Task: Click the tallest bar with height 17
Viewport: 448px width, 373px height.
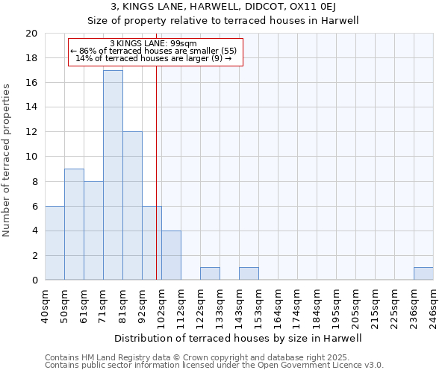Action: pos(113,175)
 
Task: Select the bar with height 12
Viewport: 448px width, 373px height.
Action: pos(132,206)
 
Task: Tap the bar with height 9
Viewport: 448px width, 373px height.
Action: pos(74,225)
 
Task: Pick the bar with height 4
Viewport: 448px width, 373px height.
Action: pos(171,255)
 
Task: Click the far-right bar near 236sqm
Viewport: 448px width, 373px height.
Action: pos(423,274)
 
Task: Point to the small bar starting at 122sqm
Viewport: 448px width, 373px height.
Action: pos(210,274)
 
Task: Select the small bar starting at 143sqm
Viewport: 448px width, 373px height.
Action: pos(249,274)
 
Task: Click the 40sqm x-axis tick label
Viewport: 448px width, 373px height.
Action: pos(45,306)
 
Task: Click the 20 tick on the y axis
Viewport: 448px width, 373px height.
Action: pos(31,34)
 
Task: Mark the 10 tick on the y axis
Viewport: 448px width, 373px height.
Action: pos(31,157)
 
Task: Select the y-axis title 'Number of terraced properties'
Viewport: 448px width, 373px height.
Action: pos(8,160)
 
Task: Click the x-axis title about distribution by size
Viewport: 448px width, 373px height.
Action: pos(239,338)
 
